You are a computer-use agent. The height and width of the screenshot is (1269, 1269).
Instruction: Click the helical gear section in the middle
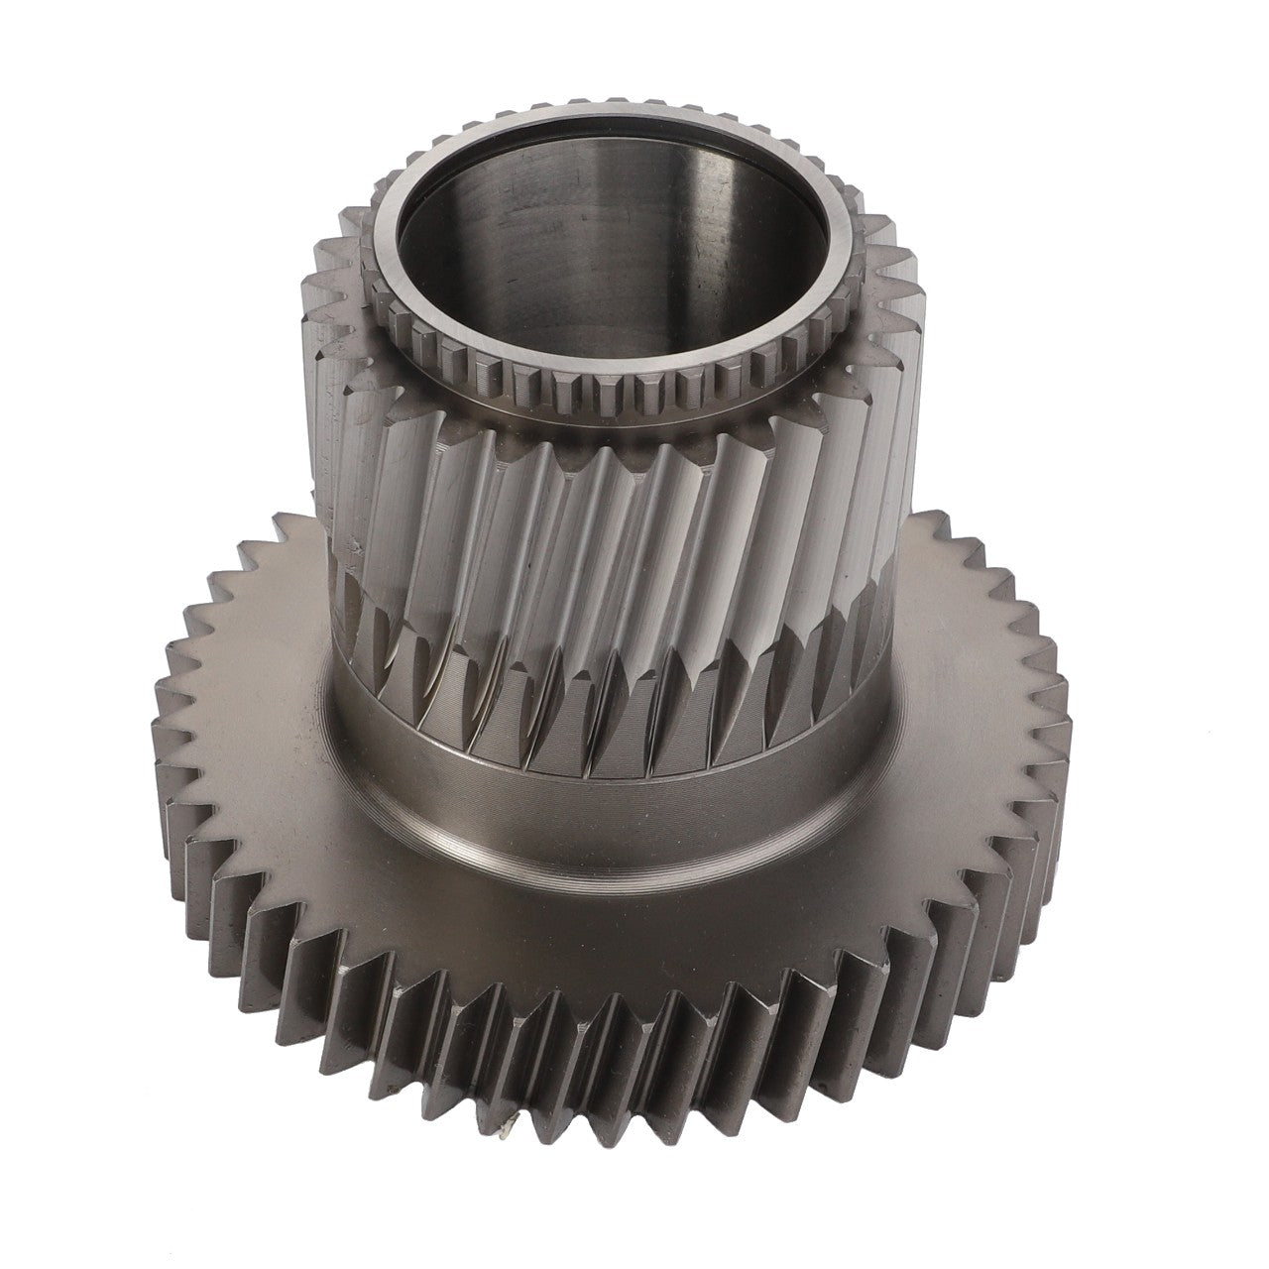[x=615, y=516]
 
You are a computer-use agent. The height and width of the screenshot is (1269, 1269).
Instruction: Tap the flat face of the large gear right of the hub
[x=952, y=694]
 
